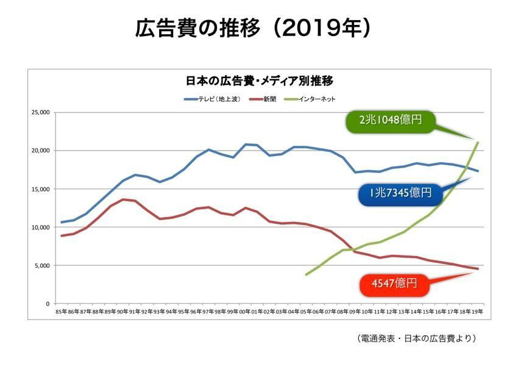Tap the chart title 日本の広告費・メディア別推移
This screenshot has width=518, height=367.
tap(258, 80)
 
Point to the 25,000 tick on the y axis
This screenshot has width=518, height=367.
tap(40, 113)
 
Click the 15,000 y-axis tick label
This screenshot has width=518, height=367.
tap(40, 189)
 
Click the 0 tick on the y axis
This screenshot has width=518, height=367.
tap(47, 304)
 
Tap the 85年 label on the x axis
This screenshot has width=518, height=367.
tap(61, 312)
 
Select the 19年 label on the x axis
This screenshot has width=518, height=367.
tap(478, 312)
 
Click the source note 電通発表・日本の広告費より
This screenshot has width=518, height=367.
tap(415, 338)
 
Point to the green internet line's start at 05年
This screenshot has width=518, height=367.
tap(307, 274)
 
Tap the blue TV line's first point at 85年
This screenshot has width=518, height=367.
tap(61, 222)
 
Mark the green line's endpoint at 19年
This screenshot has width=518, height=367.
tap(478, 143)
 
